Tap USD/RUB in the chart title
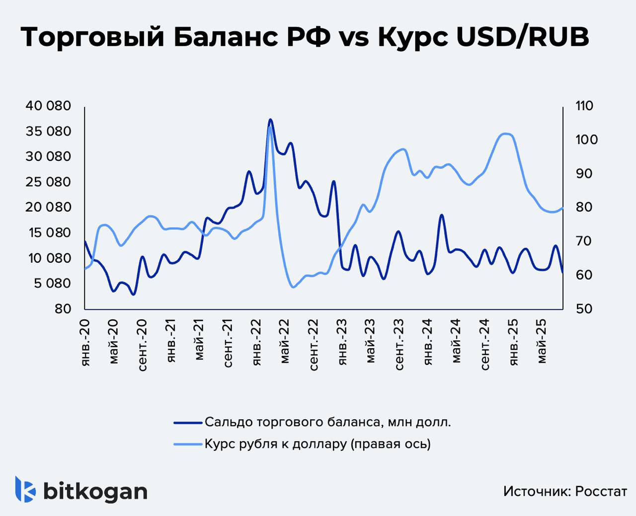522,37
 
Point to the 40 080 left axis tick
49,106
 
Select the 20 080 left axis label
49,207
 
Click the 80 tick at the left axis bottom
64,308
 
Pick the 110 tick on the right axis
583,106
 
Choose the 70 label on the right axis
581,241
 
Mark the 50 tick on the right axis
581,308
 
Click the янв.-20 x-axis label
85,342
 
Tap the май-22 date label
285,343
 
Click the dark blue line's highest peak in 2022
270,120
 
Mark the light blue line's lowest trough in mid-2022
293,287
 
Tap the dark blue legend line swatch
188,423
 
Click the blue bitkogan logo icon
25,490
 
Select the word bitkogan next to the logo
95,491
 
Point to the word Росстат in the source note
601,491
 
